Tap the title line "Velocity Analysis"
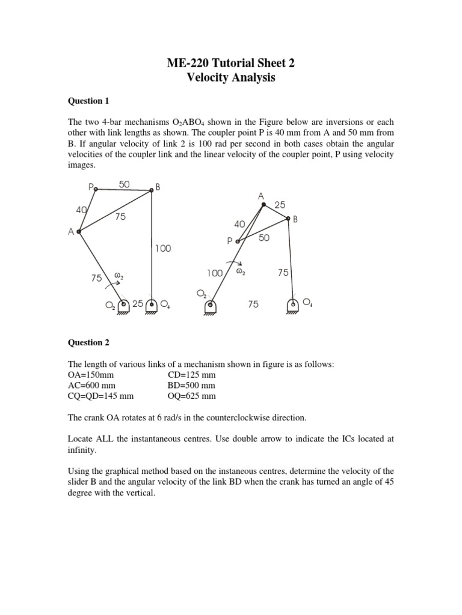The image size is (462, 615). (232, 77)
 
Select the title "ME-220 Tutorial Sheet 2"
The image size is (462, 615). (232, 62)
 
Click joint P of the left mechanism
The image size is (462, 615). (96, 189)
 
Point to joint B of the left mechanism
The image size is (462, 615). (151, 190)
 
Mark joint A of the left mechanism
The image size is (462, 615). (78, 231)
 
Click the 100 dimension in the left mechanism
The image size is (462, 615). (162, 248)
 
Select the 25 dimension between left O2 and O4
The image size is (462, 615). (138, 304)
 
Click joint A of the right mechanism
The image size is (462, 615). (263, 205)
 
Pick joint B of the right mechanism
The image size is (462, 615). (288, 219)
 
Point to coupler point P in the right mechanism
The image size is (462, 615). (238, 242)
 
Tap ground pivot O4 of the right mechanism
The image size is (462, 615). (293, 304)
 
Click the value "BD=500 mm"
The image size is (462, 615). (191, 386)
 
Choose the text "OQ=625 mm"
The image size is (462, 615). (191, 396)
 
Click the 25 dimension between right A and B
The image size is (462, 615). (280, 205)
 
